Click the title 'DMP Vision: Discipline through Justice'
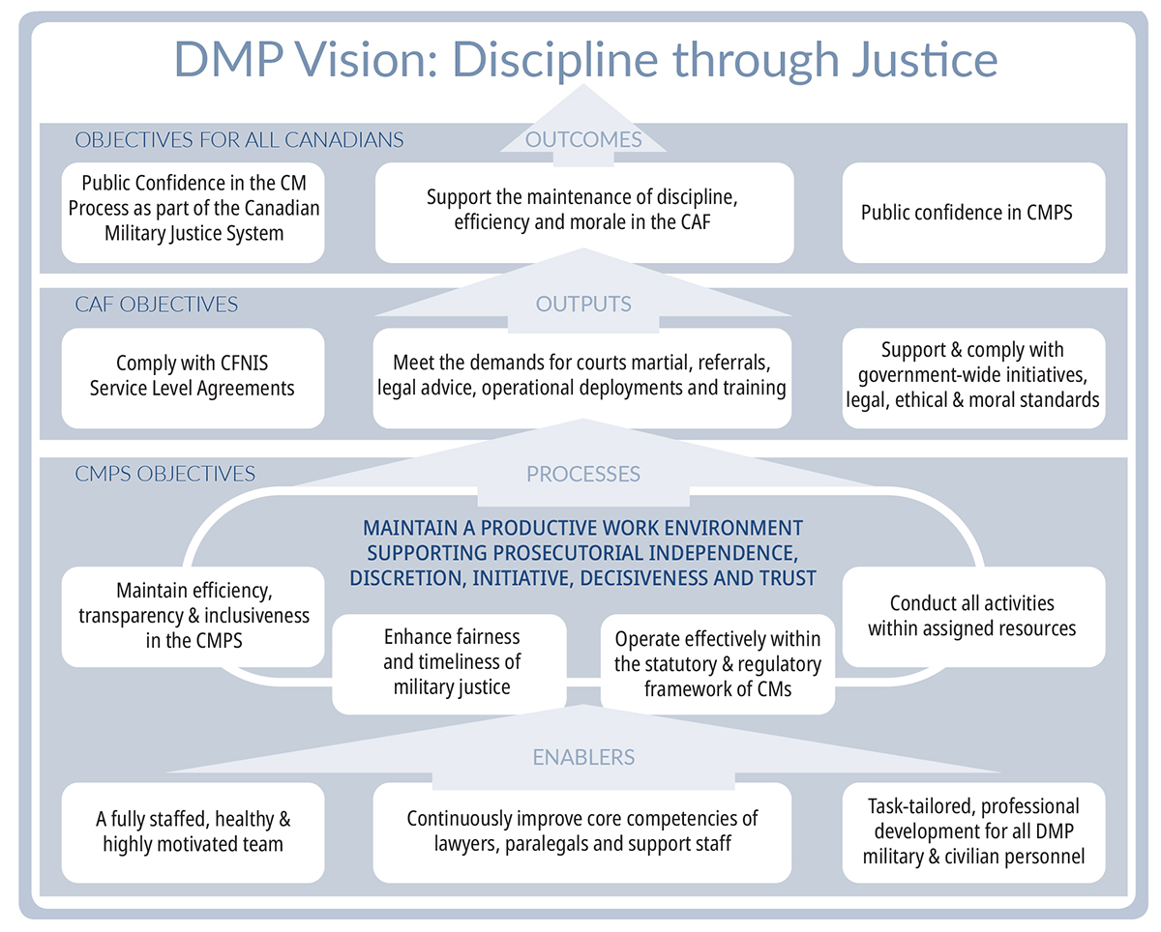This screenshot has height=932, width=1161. (x=585, y=59)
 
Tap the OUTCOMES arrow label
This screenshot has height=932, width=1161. (x=583, y=139)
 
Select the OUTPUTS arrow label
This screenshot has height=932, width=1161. (x=583, y=304)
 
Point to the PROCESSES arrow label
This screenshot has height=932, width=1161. (x=583, y=474)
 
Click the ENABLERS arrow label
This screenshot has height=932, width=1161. (x=583, y=756)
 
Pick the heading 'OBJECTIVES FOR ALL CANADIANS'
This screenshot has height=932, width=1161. (x=239, y=139)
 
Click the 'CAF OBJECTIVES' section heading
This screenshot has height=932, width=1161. (x=157, y=305)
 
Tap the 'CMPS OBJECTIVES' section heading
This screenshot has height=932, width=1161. (x=165, y=474)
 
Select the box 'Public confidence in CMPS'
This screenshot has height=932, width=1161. (x=972, y=212)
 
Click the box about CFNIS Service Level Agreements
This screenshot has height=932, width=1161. (x=193, y=377)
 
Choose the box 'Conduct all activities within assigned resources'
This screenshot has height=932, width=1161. (x=972, y=616)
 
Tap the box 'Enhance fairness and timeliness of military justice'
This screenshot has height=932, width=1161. (x=451, y=662)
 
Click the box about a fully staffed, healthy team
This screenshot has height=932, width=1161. (x=193, y=831)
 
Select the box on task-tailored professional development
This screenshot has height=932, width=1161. (x=972, y=831)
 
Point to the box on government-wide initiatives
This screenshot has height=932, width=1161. (x=972, y=375)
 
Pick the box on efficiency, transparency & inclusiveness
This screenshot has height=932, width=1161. (x=193, y=616)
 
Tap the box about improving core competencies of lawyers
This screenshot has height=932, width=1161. (x=581, y=831)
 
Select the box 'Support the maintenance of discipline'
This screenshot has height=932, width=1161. (x=583, y=212)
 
